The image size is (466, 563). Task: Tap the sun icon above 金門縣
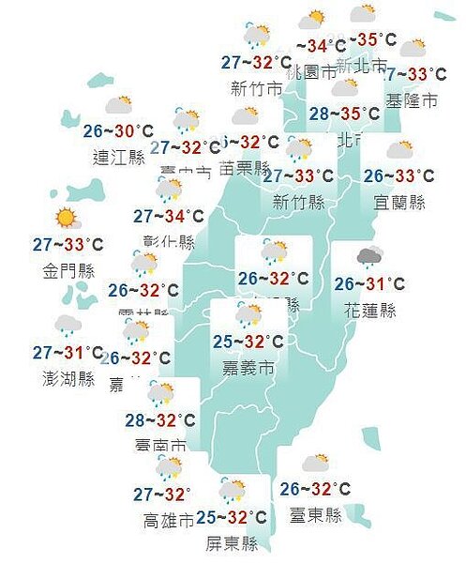pos(66,219)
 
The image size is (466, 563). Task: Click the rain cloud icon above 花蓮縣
pos(368,255)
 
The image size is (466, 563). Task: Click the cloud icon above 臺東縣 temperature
pos(316,462)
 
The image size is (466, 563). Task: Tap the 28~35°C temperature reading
pos(344,114)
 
